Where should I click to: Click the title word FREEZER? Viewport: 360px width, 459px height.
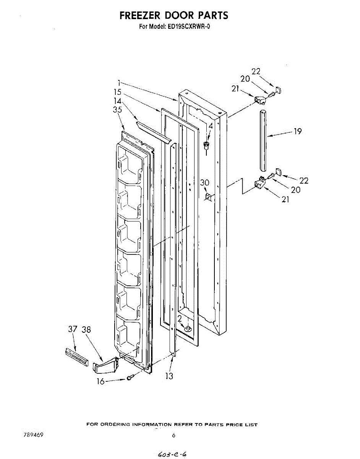[x=140, y=16]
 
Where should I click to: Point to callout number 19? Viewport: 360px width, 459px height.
[x=298, y=132]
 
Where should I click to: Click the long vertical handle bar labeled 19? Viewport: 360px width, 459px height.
[x=263, y=140]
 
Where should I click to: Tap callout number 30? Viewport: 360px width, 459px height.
[x=205, y=183]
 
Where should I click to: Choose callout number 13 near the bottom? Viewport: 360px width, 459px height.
[x=169, y=376]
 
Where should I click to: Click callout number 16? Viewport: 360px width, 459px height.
[x=101, y=381]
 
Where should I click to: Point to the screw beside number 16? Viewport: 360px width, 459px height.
[x=129, y=378]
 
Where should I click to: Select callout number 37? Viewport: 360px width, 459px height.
[x=73, y=329]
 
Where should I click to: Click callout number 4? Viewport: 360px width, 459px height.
[x=210, y=126]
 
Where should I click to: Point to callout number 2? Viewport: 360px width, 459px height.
[x=179, y=319]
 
